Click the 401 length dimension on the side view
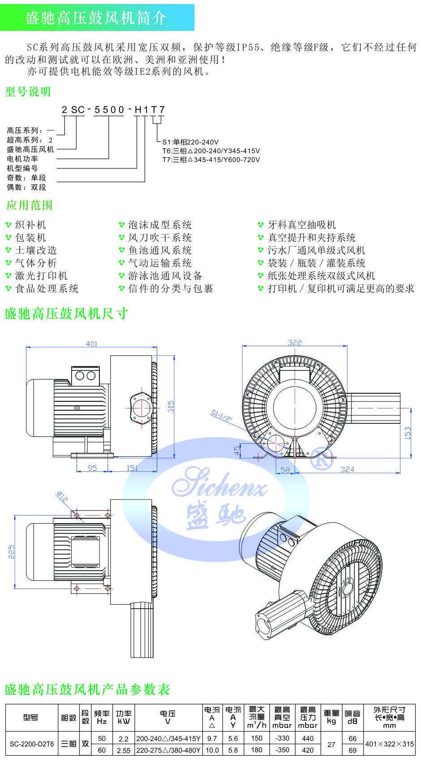point(91,344)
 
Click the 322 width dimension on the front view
point(295,342)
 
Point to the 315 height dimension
point(171,406)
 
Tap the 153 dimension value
point(407,433)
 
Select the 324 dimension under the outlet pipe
point(347,469)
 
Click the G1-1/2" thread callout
point(222,416)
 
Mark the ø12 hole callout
point(62,496)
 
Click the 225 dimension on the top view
point(12,552)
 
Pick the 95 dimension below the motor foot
point(92,468)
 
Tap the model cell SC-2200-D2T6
point(31,744)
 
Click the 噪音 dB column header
point(352,717)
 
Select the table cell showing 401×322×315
point(389,744)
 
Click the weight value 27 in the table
point(331,744)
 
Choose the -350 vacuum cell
point(282,750)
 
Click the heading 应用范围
point(29,205)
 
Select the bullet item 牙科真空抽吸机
point(301,225)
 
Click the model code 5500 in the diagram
point(109,110)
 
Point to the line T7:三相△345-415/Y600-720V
point(211,159)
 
